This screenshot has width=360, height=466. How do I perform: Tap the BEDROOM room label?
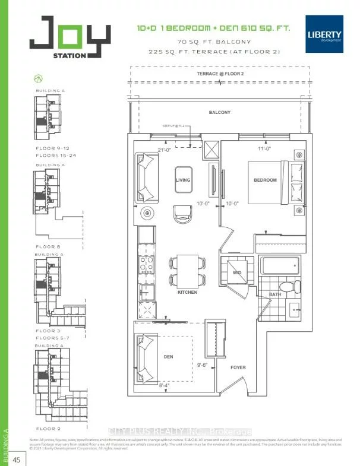point(266,180)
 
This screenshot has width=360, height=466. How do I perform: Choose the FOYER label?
point(238,367)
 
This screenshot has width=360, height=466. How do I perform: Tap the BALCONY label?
point(219,112)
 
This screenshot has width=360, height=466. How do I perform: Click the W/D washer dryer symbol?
point(236,273)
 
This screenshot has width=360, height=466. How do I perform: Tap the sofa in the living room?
point(146,176)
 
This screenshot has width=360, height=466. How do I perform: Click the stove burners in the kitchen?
point(147,263)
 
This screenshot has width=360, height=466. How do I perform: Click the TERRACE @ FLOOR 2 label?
point(219,74)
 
